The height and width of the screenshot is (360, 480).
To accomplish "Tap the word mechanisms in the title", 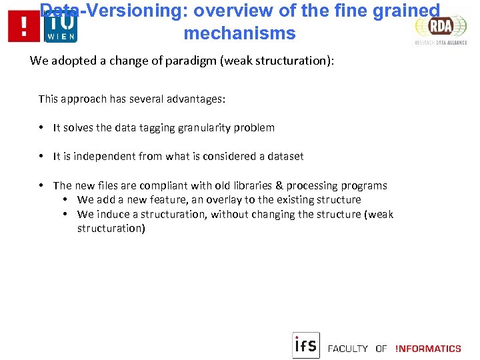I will (x=239, y=33).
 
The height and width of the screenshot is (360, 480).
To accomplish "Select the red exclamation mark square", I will (x=24, y=27).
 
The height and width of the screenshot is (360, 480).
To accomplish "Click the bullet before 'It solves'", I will (x=41, y=127).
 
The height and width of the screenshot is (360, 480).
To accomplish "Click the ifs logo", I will (x=306, y=345).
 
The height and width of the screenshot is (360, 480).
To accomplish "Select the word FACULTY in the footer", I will (x=348, y=349).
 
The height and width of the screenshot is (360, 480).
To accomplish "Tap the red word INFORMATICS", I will (x=428, y=349).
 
